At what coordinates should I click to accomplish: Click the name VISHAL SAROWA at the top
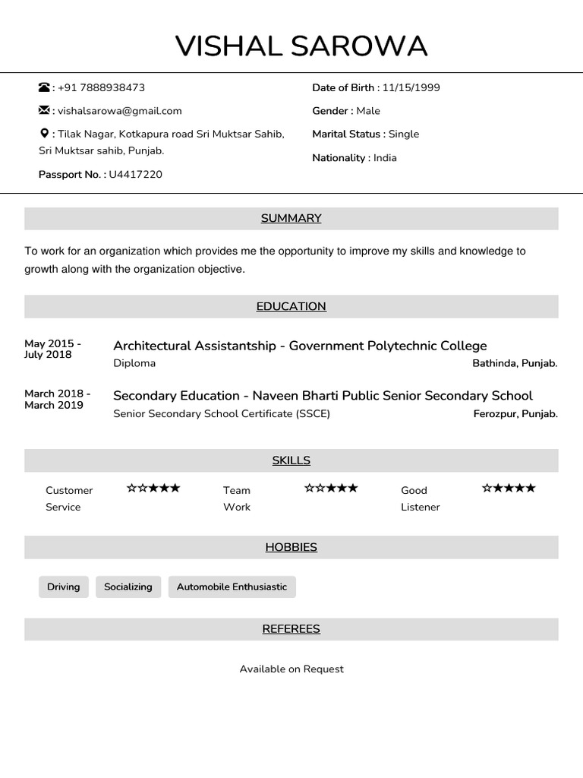coord(301,46)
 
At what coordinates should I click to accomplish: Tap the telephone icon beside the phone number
coord(44,87)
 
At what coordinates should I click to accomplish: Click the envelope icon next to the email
coord(44,110)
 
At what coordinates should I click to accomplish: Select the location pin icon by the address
coord(43,134)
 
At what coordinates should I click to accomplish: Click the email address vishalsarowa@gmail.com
coord(120,111)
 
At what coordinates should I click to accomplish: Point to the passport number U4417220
coord(136,175)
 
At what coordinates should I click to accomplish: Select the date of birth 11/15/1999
coord(411,87)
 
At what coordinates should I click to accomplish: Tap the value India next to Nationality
coord(385,158)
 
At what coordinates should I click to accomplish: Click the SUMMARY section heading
coord(291,219)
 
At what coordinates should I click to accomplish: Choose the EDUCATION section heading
coord(291,306)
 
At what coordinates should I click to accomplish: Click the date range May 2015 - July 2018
coord(52,349)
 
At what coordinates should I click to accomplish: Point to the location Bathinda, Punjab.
coord(515,363)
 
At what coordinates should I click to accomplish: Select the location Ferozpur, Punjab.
coord(515,414)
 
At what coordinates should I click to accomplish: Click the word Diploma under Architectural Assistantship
coord(134,363)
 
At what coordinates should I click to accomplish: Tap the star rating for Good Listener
coord(509,488)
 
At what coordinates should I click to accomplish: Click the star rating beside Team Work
coord(331,488)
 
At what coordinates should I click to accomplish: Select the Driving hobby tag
coord(64,587)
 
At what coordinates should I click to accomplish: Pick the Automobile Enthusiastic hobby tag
coord(232,587)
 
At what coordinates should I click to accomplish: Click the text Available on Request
coord(291,669)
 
